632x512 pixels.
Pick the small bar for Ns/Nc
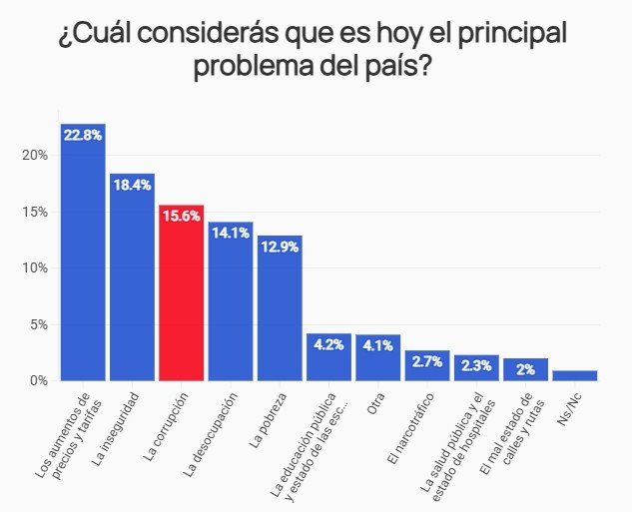574,375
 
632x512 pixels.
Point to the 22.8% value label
83,135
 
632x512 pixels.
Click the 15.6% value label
181,216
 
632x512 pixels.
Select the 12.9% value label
280,247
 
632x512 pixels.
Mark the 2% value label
525,369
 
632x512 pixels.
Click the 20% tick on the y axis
35,156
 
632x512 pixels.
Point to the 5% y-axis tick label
38,324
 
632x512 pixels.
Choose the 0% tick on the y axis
38,380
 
